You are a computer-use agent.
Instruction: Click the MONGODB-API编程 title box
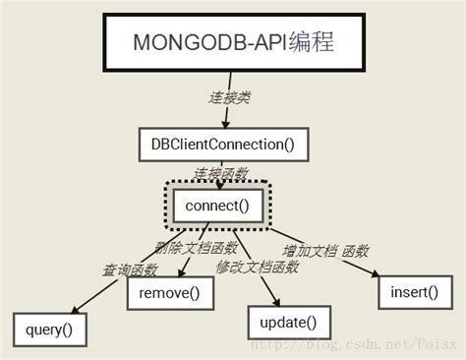point(232,42)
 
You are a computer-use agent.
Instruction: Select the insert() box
point(406,292)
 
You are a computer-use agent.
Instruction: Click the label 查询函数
point(132,268)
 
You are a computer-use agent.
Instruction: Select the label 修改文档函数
point(258,267)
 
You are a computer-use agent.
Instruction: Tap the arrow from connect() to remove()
point(186,251)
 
